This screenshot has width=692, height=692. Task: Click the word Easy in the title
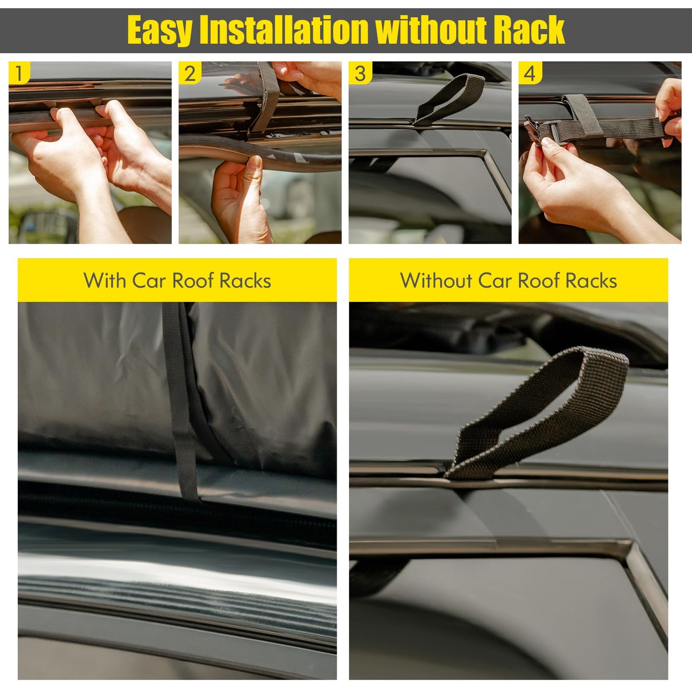(160, 30)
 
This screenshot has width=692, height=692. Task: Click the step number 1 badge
(19, 73)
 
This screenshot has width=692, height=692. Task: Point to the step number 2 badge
(190, 73)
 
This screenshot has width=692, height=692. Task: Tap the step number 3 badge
(360, 73)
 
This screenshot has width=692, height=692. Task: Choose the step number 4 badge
(530, 73)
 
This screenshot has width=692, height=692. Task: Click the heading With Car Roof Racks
(177, 281)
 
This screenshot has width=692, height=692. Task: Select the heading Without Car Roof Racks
(509, 281)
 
